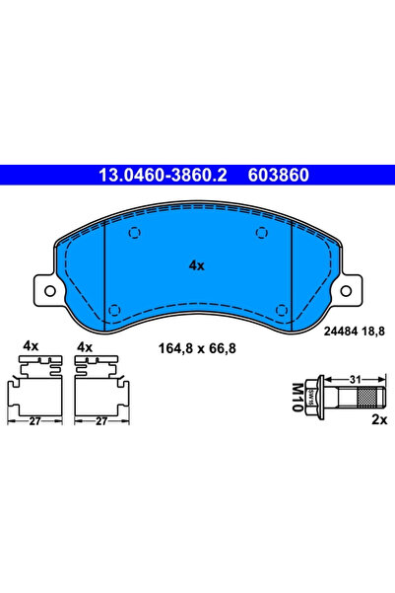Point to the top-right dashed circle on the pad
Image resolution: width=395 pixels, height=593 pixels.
(x=261, y=234)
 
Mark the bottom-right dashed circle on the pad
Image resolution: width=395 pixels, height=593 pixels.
(x=282, y=309)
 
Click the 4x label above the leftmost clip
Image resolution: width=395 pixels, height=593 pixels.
(x=31, y=347)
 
